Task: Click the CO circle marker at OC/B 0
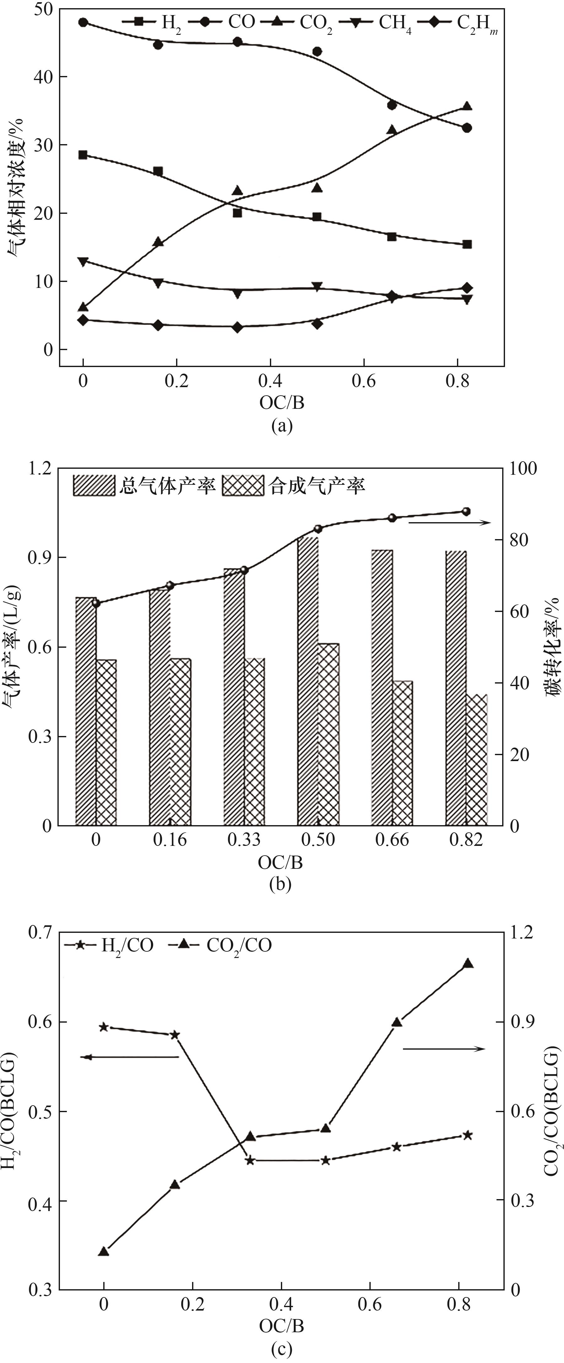coord(83,22)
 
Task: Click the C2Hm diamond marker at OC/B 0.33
coord(237,327)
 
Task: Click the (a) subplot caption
coord(282,425)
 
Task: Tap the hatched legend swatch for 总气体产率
coord(94,485)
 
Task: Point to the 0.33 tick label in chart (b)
coord(244,840)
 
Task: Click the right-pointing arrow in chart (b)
coord(450,523)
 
